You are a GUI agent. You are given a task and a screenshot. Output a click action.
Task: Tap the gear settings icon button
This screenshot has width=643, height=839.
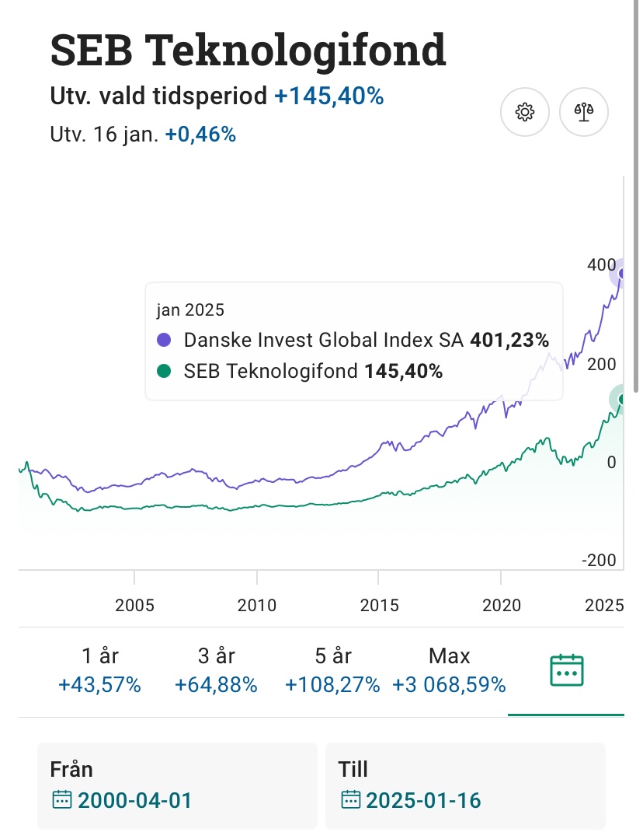tap(525, 112)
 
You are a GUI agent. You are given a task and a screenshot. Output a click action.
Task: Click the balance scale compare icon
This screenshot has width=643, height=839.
tap(584, 112)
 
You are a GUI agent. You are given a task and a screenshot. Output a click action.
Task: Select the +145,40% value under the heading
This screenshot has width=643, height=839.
tap(329, 96)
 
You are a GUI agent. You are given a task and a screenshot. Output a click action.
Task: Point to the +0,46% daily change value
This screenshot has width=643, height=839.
tap(200, 135)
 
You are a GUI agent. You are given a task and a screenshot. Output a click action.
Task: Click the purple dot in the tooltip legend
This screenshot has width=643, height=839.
tap(164, 340)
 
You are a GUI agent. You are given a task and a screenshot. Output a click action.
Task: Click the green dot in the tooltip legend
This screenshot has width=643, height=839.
tap(164, 372)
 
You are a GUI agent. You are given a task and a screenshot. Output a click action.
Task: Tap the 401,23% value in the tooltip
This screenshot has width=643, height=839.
tap(509, 340)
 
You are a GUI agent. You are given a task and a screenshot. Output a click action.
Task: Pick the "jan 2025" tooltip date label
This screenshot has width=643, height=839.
tap(190, 310)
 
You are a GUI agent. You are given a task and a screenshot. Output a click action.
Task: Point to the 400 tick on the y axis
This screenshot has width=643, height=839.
tap(601, 265)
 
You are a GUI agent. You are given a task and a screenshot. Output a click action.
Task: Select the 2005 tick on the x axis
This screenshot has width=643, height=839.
tap(134, 605)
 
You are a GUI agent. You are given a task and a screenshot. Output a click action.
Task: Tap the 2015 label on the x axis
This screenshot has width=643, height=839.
tap(378, 605)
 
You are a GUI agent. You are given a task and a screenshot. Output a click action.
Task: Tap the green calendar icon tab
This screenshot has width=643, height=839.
tap(566, 669)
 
